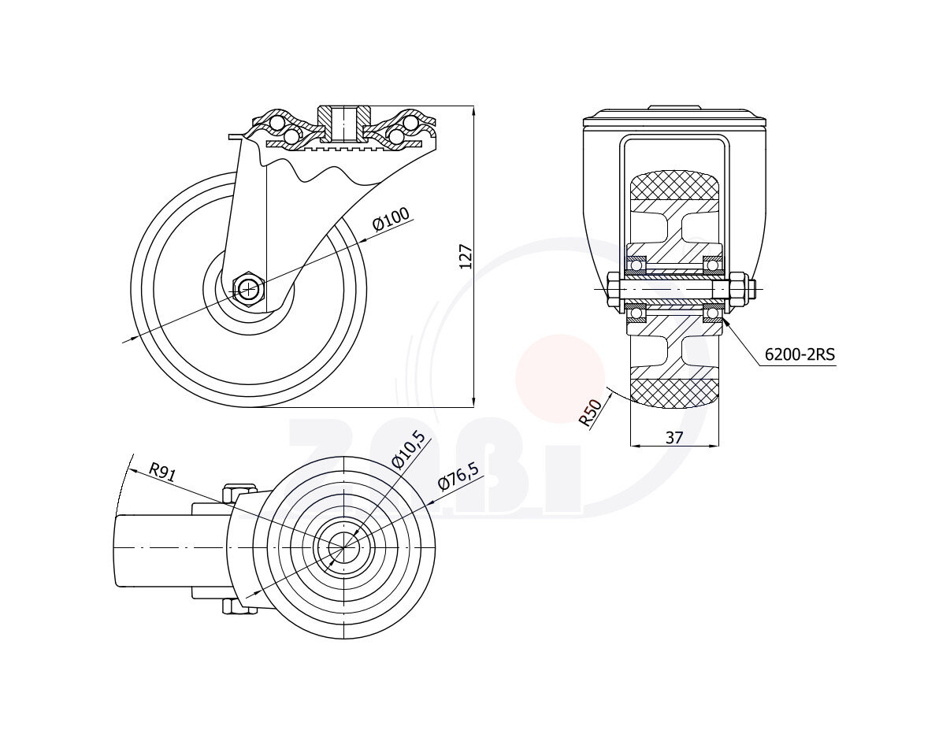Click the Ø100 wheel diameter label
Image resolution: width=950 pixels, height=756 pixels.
[392, 219]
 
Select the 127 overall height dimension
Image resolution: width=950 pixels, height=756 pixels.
[466, 257]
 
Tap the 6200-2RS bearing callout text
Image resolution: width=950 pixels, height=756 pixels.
[800, 354]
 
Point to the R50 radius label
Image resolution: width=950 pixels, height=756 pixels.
[590, 412]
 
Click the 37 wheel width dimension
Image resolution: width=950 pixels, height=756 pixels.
[674, 437]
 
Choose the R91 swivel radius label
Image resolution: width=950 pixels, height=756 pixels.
[162, 471]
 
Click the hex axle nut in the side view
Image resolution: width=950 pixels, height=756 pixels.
[249, 289]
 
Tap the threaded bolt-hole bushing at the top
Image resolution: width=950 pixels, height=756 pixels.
[344, 124]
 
